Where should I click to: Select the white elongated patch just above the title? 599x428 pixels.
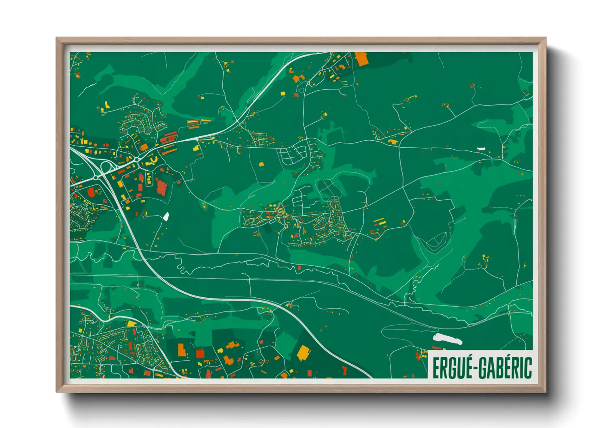click(447, 339)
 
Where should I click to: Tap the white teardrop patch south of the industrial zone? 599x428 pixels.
click(166, 216)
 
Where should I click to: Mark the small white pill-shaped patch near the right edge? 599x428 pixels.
click(481, 148)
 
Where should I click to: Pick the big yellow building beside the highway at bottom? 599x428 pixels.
click(304, 353)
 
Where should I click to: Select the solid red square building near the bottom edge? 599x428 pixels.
click(200, 354)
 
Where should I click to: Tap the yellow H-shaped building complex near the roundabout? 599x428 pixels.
click(151, 162)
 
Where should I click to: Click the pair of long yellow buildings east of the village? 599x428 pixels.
click(379, 222)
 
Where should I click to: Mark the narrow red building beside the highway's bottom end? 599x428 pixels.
click(344, 370)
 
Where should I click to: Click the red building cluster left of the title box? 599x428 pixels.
click(418, 356)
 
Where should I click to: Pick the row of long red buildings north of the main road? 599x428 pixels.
click(169, 138)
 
